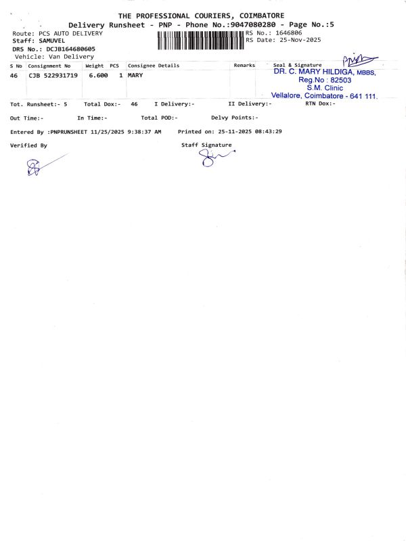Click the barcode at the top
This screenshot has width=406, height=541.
click(x=201, y=40)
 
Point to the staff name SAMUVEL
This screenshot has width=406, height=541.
click(x=52, y=41)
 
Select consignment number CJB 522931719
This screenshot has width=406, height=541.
click(x=53, y=76)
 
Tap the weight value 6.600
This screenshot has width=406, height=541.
click(x=98, y=76)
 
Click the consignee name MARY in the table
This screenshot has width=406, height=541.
click(x=135, y=76)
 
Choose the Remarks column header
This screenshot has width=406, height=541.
click(x=244, y=66)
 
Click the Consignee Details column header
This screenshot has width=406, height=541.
click(x=154, y=66)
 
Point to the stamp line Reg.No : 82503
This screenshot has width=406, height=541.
click(x=324, y=80)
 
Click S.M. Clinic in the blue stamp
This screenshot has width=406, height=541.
click(x=325, y=88)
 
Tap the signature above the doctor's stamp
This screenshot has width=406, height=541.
click(x=359, y=62)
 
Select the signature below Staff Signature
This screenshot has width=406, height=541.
click(x=213, y=158)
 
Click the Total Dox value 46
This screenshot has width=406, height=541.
click(x=134, y=104)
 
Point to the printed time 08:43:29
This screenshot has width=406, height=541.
click(x=268, y=131)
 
